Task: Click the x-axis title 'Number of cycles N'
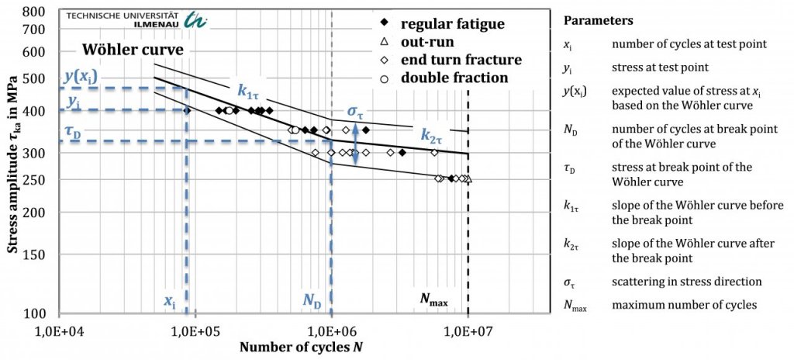(x=301, y=347)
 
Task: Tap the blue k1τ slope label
(x=248, y=92)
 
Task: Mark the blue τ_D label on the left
(x=72, y=133)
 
